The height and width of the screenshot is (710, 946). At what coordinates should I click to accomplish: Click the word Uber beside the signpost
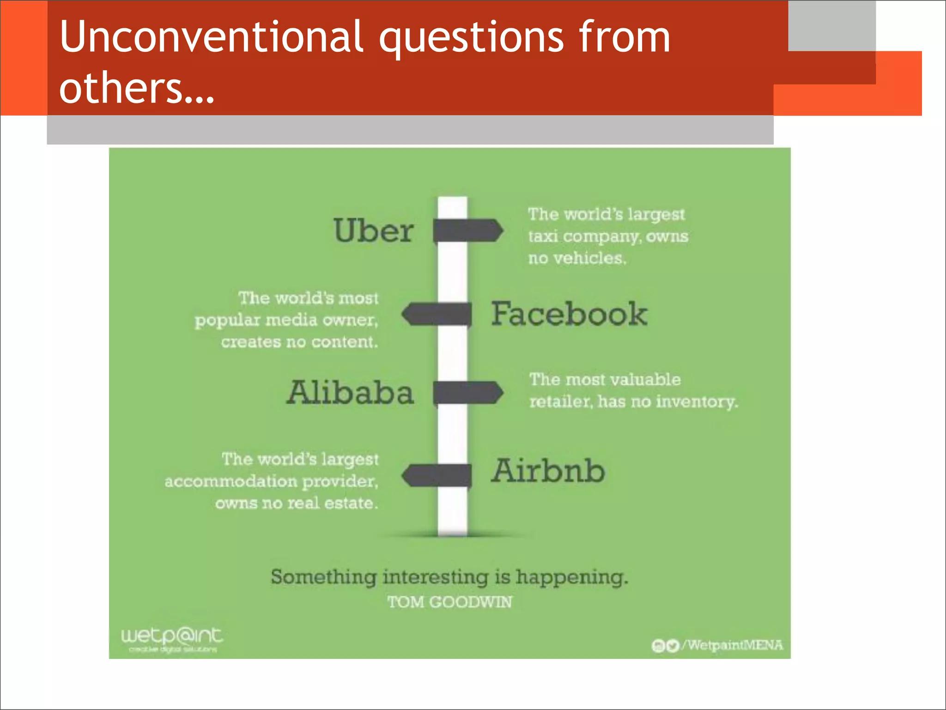373,231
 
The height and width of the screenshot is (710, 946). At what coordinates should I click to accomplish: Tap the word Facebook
569,314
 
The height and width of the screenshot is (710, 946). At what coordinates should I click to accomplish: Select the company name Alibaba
350,393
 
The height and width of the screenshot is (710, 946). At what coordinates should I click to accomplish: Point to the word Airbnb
548,471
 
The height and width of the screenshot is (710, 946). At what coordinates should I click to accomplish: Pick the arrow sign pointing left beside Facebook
437,315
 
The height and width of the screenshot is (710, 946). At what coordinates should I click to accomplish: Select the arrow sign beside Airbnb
437,475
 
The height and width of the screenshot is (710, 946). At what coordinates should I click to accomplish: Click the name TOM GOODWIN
449,602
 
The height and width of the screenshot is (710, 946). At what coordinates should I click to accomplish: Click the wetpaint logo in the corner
172,639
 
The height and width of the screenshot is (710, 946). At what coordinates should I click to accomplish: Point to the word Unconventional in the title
211,37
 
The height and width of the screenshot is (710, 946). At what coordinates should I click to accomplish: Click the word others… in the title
137,88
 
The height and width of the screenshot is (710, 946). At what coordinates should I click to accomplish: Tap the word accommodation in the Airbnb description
231,481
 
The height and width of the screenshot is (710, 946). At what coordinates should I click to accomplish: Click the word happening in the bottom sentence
572,577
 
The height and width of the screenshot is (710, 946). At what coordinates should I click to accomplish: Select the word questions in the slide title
471,37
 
